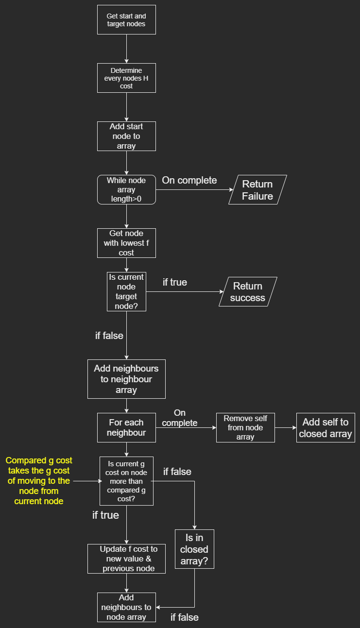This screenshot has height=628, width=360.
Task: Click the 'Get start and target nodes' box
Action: tap(126, 19)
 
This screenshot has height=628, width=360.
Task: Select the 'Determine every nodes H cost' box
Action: tap(126, 78)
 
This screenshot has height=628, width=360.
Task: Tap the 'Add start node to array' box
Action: tap(126, 136)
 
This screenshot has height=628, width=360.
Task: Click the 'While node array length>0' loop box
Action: tap(126, 189)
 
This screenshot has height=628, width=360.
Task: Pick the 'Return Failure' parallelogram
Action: tap(257, 190)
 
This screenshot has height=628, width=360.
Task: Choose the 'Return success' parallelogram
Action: tap(248, 292)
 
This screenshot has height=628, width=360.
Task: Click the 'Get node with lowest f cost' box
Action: tap(126, 243)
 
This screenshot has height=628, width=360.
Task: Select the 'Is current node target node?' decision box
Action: tap(126, 291)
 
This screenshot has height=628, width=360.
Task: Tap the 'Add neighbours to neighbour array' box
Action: tap(126, 379)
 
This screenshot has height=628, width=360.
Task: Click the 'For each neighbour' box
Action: tap(126, 427)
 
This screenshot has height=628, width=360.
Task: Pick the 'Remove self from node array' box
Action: tap(245, 427)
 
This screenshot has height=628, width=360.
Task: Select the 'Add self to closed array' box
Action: tap(326, 427)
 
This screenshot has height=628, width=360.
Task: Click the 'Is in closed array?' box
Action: tap(194, 549)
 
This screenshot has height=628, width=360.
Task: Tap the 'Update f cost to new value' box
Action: tap(126, 559)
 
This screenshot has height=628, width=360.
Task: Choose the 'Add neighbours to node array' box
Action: tap(126, 607)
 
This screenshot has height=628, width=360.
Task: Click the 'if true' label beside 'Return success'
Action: tap(175, 282)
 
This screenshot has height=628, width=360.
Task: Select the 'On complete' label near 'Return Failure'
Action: tap(189, 180)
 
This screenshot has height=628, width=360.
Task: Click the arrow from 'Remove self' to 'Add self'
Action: tap(286, 428)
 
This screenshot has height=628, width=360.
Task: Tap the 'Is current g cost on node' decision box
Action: tap(126, 481)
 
